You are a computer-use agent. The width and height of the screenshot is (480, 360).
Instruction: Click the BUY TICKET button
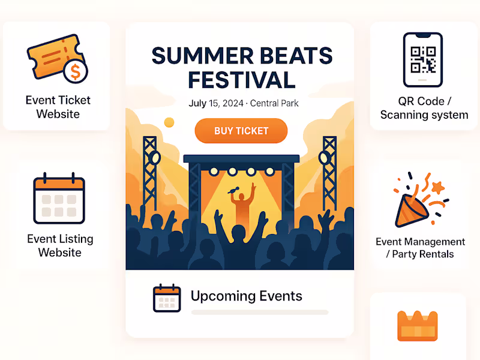click(x=241, y=131)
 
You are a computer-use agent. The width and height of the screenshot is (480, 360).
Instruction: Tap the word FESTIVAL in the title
click(x=241, y=79)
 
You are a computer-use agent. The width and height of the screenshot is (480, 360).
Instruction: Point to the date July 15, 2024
click(x=215, y=103)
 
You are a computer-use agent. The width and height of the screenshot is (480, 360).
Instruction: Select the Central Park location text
click(x=274, y=103)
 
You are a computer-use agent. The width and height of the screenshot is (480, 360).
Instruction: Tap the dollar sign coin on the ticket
click(x=75, y=72)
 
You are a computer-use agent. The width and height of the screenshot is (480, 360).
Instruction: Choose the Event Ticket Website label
click(x=58, y=107)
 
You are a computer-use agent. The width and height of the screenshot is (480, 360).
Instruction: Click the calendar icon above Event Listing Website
click(x=59, y=198)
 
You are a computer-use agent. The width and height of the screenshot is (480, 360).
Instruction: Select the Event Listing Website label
click(x=60, y=245)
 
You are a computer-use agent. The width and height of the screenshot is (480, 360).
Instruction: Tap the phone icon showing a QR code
click(x=422, y=60)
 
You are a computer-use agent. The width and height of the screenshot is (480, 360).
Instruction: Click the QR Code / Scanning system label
click(x=424, y=108)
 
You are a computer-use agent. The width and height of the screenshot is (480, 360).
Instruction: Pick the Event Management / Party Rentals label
click(x=420, y=248)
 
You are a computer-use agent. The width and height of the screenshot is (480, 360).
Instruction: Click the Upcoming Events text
click(x=246, y=296)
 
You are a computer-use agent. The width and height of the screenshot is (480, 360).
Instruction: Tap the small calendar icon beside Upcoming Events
click(x=167, y=298)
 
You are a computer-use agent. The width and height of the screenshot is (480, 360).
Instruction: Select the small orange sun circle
click(x=169, y=122)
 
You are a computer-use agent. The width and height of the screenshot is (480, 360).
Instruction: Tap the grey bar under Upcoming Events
click(x=259, y=313)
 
